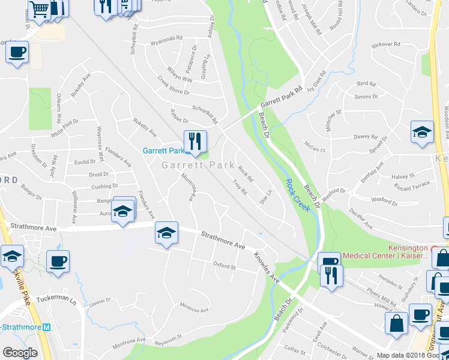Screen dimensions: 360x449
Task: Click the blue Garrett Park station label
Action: [163, 151]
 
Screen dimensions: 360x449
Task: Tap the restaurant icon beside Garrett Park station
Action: [194, 141]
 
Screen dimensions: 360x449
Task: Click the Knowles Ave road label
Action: [267, 268]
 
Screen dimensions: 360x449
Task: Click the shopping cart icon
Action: [39, 9]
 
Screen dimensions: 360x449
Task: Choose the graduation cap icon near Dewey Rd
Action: [422, 133]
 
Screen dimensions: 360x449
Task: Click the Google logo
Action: [20, 353]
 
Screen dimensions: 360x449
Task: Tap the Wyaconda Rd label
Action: [166, 38]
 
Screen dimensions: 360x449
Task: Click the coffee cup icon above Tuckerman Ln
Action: [58, 261]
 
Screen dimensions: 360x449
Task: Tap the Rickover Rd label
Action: [386, 44]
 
